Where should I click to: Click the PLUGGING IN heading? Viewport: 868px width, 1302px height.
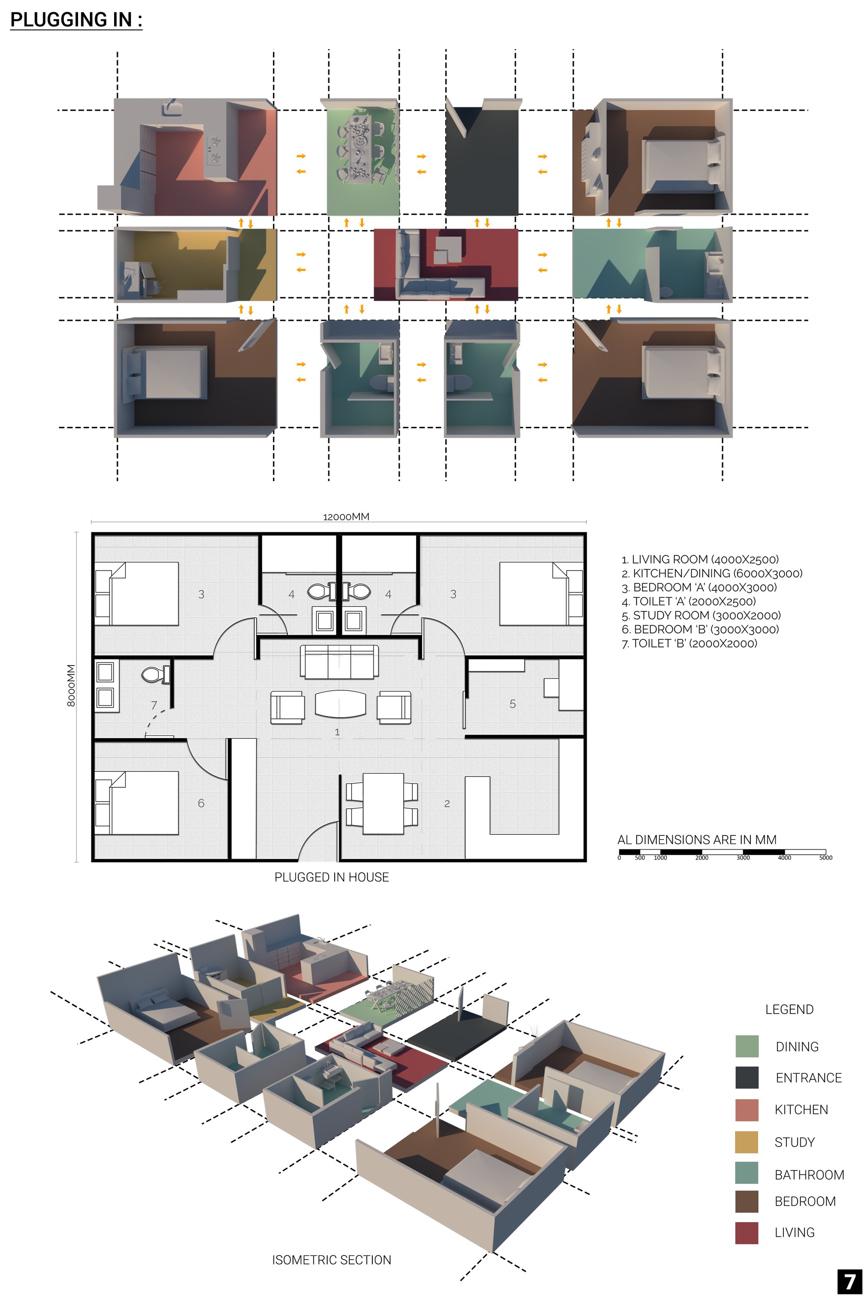coord(76,20)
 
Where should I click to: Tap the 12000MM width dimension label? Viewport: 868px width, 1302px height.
coord(346,517)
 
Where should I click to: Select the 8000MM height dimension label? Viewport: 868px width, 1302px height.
coord(71,685)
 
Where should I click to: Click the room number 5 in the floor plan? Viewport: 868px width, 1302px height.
coord(513,704)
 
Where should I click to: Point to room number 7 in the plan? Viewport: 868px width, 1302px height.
coord(154,705)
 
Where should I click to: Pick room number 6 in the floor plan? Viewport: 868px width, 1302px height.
coord(201,803)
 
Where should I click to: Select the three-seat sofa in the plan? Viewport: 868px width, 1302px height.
coord(339,662)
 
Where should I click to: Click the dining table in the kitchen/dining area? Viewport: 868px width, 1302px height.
coord(383,804)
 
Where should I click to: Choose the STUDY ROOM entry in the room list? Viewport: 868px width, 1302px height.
coord(701,615)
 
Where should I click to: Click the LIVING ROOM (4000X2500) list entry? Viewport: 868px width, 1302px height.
coord(700,559)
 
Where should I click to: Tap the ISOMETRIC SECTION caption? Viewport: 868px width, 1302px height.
coord(332,1260)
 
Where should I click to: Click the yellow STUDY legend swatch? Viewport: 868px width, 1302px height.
coord(747,1142)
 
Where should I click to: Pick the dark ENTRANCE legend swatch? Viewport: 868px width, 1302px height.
coord(747,1078)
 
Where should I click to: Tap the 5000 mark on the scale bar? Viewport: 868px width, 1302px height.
coord(826,858)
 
